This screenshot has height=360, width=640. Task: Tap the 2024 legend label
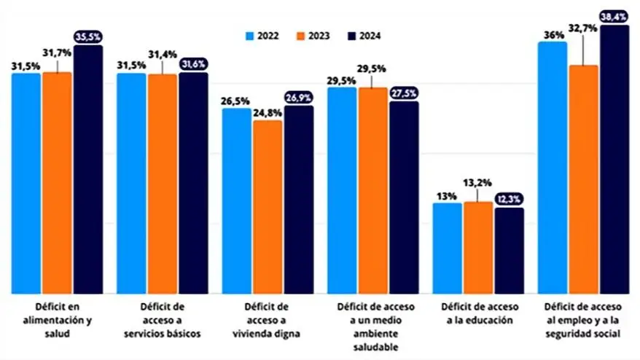coord(369,36)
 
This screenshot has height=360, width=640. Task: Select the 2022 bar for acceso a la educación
coord(447,248)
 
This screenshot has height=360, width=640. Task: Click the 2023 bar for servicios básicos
coord(162,183)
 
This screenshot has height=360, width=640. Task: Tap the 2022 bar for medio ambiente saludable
coord(341,190)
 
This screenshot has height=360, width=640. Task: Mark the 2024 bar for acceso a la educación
coord(509,250)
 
